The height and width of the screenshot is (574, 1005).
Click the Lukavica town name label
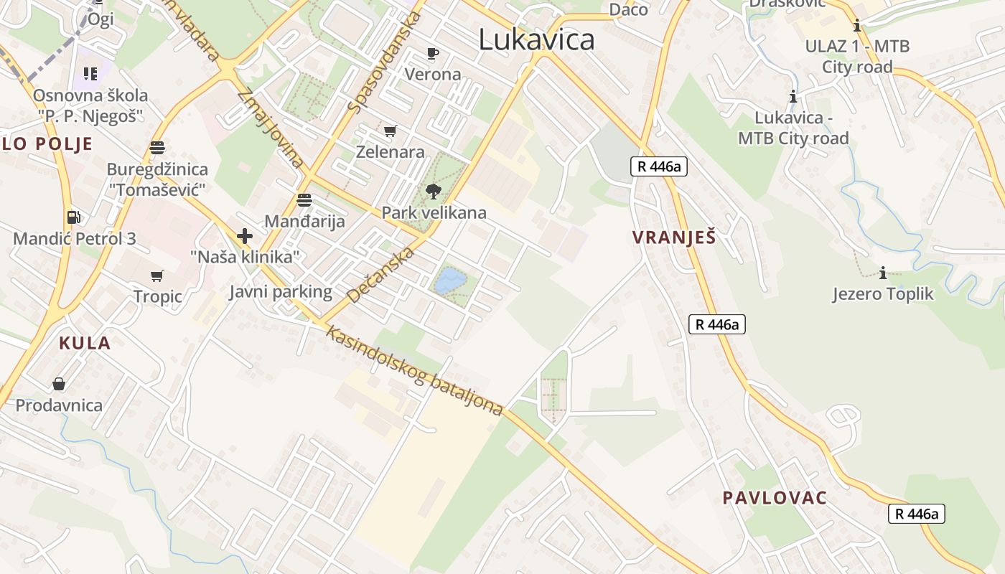coord(536,39)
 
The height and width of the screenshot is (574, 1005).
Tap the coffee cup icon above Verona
coord(432,53)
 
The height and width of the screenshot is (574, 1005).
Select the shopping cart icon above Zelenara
coord(390,131)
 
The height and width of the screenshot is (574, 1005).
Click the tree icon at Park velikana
coord(433,191)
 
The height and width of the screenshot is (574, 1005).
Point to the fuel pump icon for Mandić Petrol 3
coord(73,217)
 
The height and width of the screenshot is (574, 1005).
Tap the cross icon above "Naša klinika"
coord(244,235)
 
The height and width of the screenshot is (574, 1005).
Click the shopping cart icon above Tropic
coord(157,276)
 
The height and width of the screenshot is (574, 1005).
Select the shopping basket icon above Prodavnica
coord(59,384)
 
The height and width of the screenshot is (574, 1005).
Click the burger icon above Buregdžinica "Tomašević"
coord(157,148)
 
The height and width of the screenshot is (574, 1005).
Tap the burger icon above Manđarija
coord(304,199)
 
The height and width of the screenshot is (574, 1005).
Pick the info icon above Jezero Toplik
coord(883,273)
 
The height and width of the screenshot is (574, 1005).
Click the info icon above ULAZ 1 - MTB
coord(856,27)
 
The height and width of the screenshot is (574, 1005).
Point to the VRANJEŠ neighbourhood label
coord(674,237)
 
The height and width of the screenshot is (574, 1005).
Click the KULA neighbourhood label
coord(85,343)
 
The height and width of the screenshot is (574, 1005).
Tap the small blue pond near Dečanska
coord(450,280)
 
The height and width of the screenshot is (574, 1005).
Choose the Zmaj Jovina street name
coord(270,128)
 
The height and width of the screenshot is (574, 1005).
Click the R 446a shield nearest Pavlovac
coord(916,514)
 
